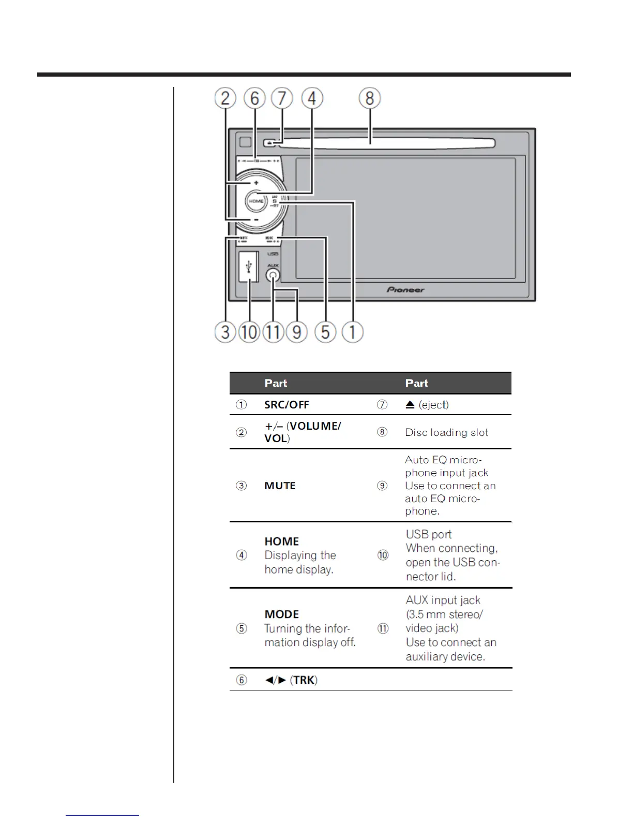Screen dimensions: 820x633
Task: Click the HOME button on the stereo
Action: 255,201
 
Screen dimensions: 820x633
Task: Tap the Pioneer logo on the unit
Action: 405,290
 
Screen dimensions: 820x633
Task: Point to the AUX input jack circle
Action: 273,276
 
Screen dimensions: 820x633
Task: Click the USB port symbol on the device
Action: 249,267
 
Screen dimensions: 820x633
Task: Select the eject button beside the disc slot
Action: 268,143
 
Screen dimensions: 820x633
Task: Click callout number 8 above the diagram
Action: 370,98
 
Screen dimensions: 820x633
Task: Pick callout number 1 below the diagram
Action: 353,332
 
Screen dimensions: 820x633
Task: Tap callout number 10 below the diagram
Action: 249,332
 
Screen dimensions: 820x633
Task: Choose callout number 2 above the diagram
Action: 225,98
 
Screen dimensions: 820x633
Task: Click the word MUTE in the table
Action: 280,486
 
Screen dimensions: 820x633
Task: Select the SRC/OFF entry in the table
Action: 287,405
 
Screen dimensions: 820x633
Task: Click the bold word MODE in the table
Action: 281,614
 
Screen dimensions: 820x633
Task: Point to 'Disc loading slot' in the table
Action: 446,432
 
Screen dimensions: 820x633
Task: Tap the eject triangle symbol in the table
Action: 410,405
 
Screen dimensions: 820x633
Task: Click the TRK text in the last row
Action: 304,680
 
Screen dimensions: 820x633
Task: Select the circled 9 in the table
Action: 382,486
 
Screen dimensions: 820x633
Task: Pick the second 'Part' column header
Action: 416,383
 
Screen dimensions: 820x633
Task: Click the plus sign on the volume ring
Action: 256,183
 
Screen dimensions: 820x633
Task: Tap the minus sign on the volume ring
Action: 256,219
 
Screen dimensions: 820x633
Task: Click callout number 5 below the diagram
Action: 325,332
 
